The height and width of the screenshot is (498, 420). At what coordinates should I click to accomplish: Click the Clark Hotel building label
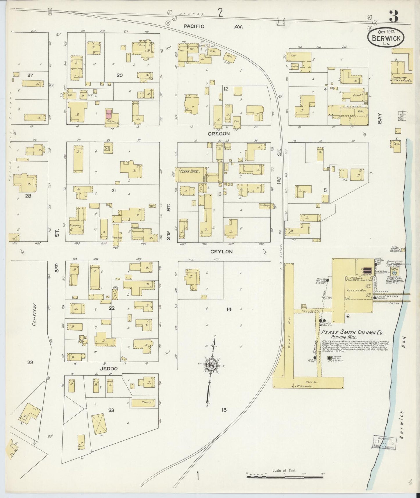click(x=190, y=171)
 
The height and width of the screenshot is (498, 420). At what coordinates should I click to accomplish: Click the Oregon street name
click(x=219, y=134)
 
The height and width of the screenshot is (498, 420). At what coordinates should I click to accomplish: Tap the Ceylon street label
click(x=221, y=252)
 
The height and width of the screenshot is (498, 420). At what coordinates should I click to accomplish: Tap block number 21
click(x=114, y=190)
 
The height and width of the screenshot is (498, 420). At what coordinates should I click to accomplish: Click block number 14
click(x=229, y=310)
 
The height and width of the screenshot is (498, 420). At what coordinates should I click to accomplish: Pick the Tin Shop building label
click(x=264, y=206)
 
